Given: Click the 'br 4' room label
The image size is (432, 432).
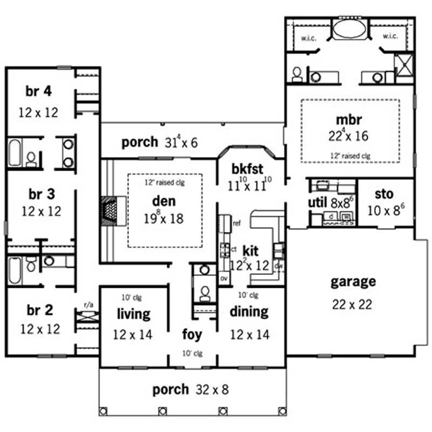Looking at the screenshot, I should click(38, 91).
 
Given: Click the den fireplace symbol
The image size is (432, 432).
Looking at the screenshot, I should click(110, 210).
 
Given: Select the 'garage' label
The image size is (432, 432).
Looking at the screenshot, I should click(353, 281).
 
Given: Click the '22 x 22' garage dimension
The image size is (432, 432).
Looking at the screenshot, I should click(352, 305).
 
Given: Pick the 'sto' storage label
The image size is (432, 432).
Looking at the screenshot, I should click(384, 194).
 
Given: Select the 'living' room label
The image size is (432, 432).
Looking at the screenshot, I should click(133, 313).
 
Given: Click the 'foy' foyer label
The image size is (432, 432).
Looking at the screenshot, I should click(192, 334).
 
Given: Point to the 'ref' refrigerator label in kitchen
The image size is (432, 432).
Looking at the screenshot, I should click(237, 223).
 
